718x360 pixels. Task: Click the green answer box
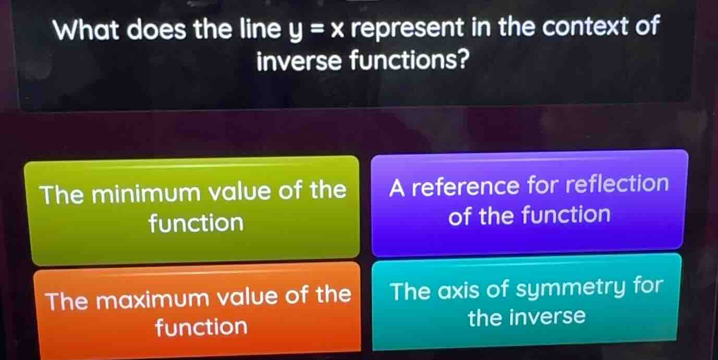[x=192, y=209]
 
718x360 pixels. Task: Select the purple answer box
[x=529, y=201]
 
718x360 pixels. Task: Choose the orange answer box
[x=197, y=310]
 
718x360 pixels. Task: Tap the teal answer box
[x=527, y=302]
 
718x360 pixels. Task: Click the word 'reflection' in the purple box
[x=616, y=184]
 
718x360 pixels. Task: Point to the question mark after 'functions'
[x=460, y=63]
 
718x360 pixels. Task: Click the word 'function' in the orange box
[x=201, y=328]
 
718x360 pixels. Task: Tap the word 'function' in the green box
[x=196, y=223]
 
